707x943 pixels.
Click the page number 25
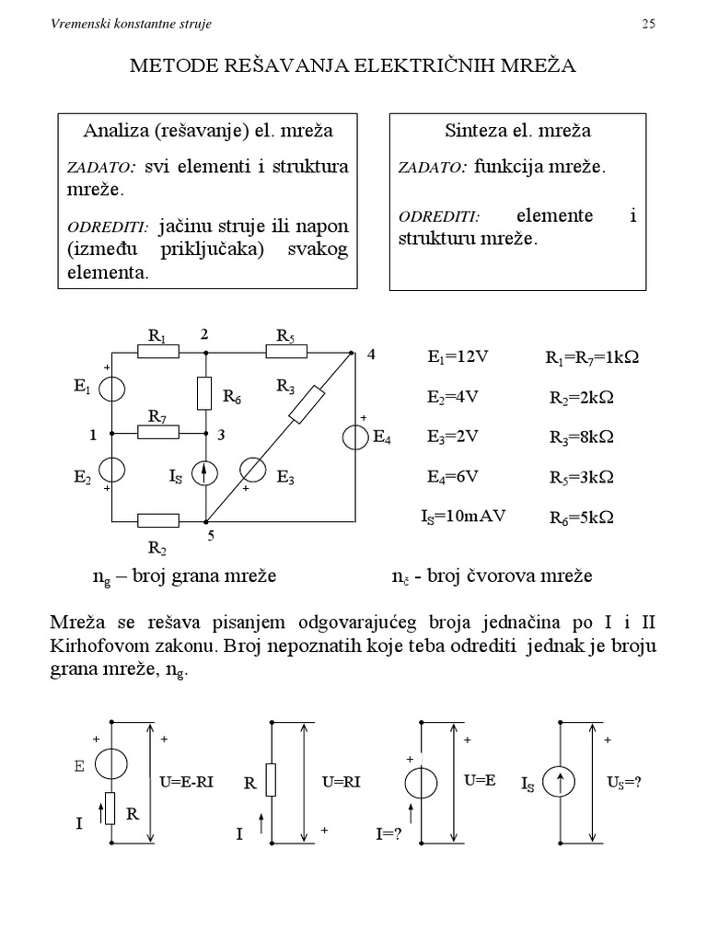coord(648,24)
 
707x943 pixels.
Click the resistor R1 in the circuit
coord(158,352)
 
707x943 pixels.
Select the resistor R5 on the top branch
coord(286,352)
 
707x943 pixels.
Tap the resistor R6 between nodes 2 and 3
coord(205,393)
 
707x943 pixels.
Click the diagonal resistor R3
coord(307,405)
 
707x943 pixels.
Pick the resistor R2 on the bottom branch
coord(158,521)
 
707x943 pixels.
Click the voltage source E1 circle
coord(111,390)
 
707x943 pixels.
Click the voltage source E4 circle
coord(354,437)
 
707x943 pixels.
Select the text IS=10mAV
coord(463,516)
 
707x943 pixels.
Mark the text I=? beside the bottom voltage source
coord(390,833)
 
